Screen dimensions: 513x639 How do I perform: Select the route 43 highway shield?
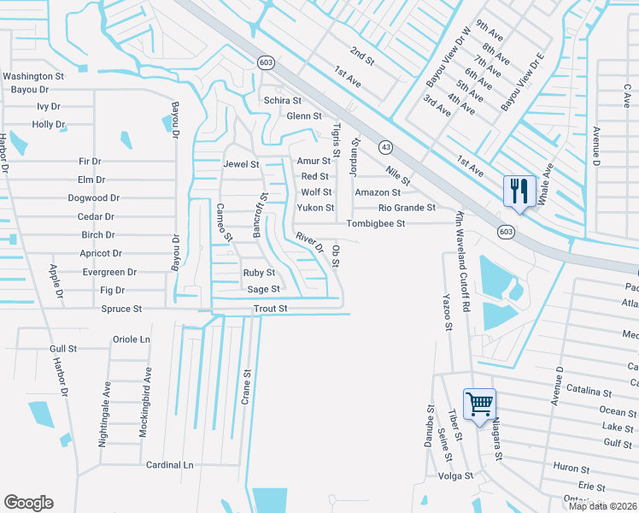coord(385,147)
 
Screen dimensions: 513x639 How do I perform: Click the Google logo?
coord(28,503)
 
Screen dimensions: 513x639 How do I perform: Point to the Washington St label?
coord(33,76)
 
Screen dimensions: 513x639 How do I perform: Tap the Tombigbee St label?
coord(375,224)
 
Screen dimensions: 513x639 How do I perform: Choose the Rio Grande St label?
coord(407,208)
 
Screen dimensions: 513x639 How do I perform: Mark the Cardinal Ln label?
coord(169,465)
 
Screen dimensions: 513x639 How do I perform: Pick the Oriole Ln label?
coord(132,339)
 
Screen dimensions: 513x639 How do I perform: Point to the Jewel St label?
coord(241,163)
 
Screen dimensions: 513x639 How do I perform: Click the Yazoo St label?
coord(446,313)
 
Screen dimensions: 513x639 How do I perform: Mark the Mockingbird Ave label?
coord(147,403)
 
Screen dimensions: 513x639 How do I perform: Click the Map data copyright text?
coord(602,506)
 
